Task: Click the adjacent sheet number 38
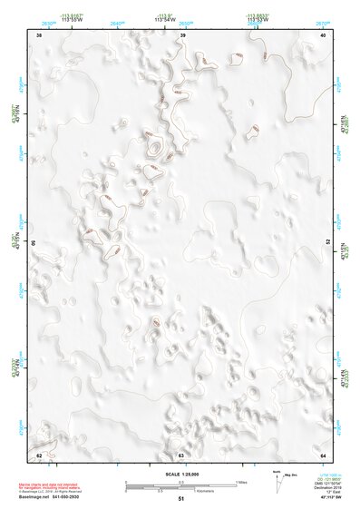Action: (39, 34)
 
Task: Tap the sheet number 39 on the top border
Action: (183, 34)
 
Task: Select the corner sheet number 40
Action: (325, 34)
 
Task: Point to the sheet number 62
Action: (39, 455)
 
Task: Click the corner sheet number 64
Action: (324, 455)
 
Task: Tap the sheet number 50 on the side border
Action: (34, 244)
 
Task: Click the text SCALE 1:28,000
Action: (180, 473)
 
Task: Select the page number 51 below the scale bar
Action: (180, 499)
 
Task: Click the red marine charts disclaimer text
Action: (54, 482)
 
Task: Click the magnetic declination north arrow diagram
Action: (278, 481)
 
